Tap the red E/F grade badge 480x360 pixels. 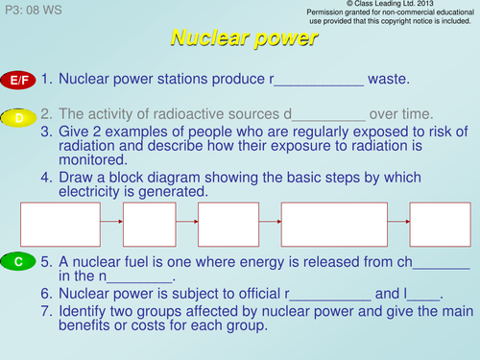[x=19, y=81]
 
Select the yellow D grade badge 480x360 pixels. [x=19, y=117]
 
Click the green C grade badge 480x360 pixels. [x=19, y=261]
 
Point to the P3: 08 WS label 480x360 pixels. [x=36, y=8]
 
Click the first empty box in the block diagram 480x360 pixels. [x=60, y=226]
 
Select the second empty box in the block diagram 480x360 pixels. [x=149, y=226]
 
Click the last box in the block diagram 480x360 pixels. [x=440, y=226]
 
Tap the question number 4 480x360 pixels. [x=46, y=178]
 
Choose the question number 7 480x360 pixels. [x=46, y=312]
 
